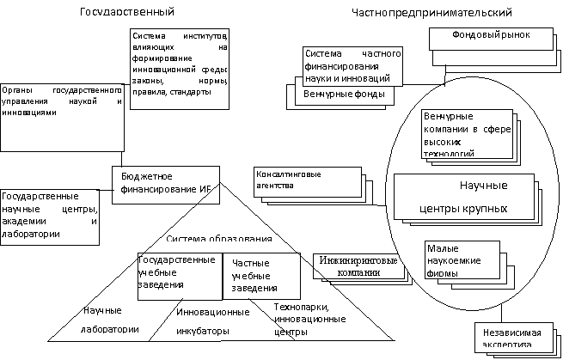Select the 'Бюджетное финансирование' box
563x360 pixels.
(164, 180)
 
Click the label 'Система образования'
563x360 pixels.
(219, 238)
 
